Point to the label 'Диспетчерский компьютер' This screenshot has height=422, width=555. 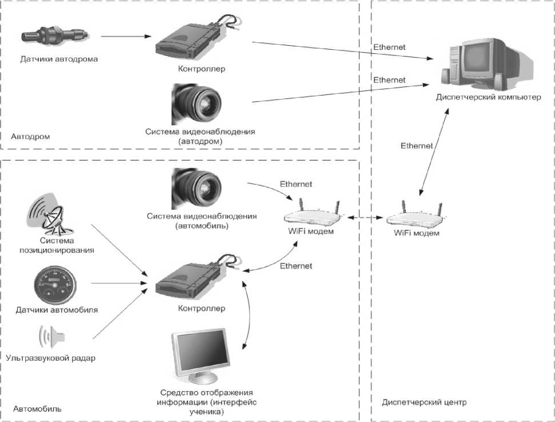[x=488, y=98]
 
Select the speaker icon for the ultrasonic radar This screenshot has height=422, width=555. [x=49, y=337]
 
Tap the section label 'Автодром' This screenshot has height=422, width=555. [x=30, y=137]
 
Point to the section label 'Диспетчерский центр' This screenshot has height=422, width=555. [x=424, y=403]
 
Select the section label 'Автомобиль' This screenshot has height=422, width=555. [x=37, y=409]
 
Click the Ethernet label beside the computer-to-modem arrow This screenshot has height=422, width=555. [x=416, y=146]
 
